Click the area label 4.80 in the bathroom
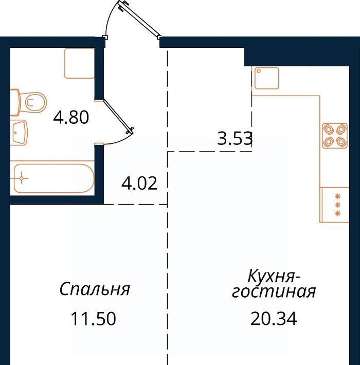pos(71,117)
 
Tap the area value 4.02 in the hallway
pos(139,183)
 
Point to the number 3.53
pos(235,138)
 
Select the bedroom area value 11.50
pos(93,319)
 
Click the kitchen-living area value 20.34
pos(274,319)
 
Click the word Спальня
pos(95,289)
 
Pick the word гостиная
pos(274,291)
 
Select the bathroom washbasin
pos(19,133)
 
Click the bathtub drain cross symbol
pos(22,178)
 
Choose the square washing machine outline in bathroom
pos(80,63)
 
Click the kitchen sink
pos(266,78)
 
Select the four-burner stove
pos(335,136)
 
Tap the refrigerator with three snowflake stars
pos(334,205)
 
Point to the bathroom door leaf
pos(118,117)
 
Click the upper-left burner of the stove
pos(329,130)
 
